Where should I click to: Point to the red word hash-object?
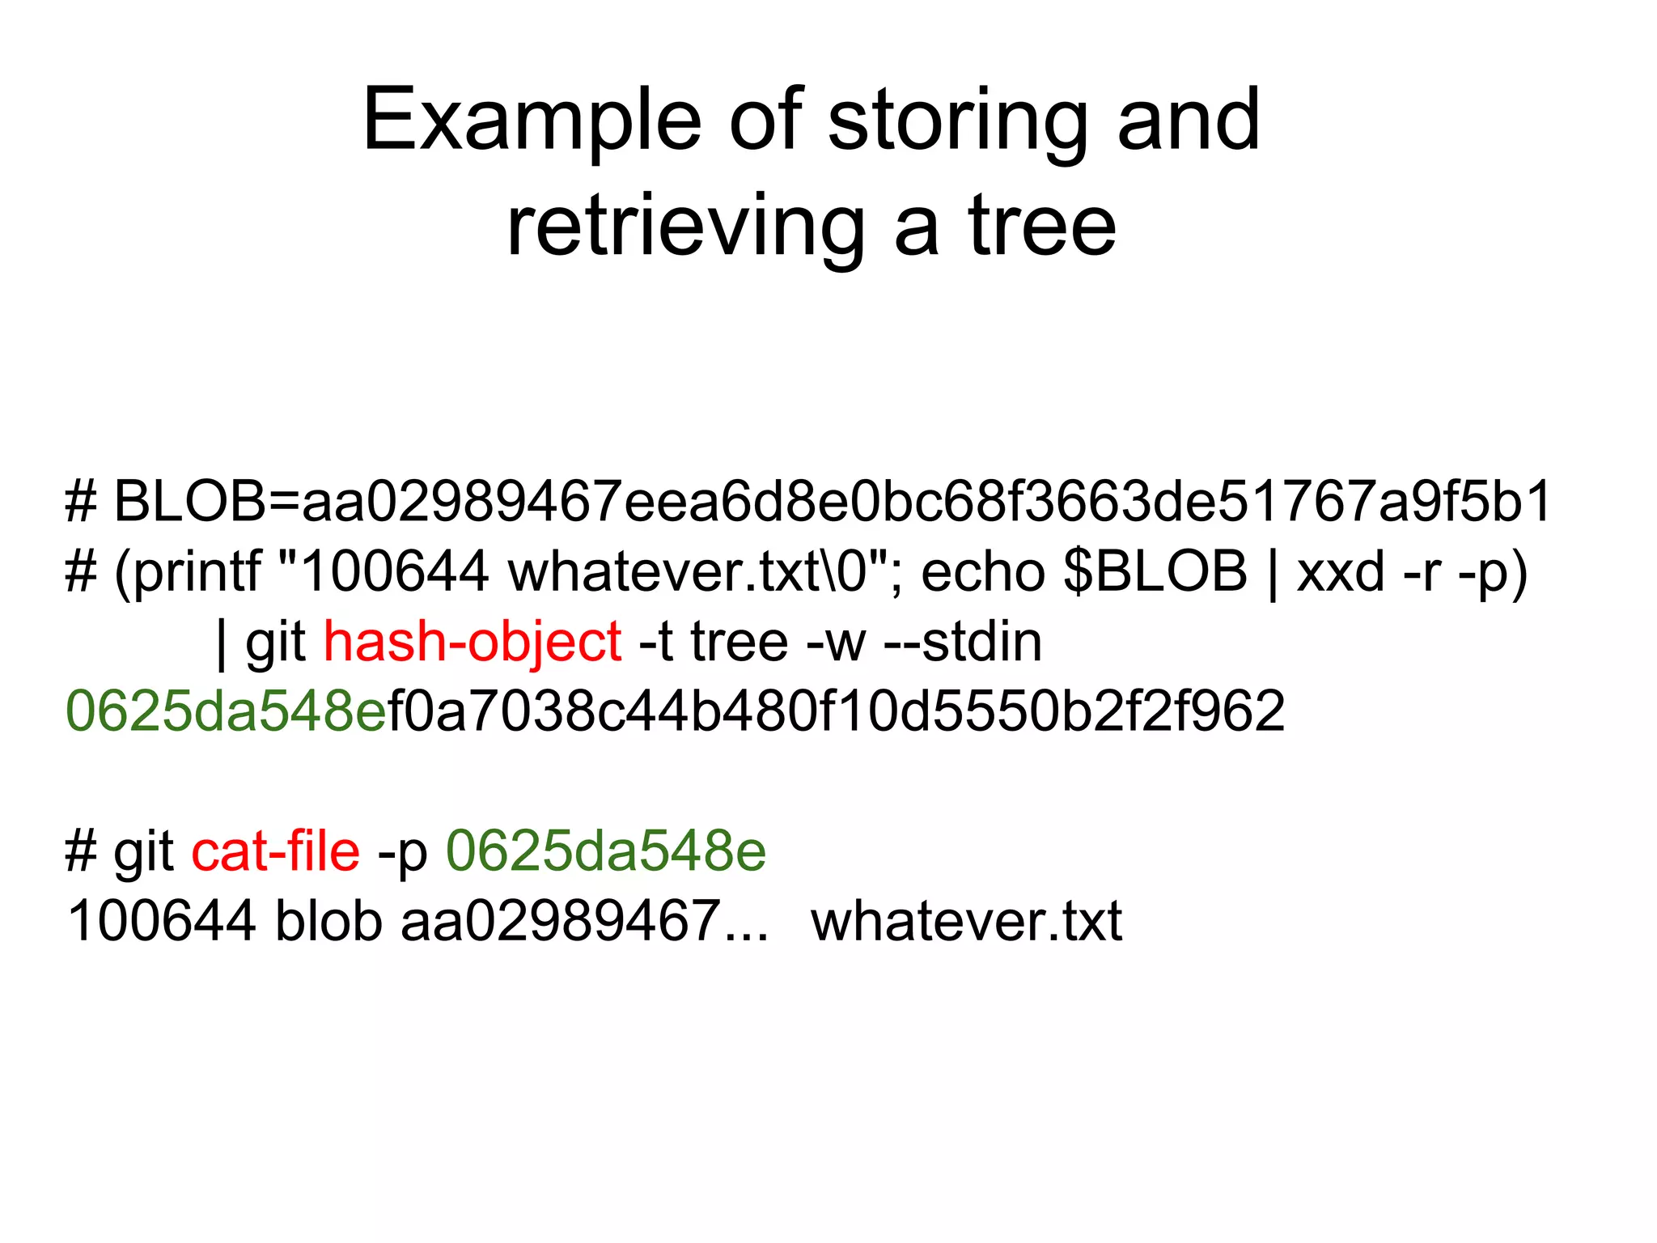coord(473,643)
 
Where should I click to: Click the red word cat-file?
coord(275,851)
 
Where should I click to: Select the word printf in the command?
coord(197,572)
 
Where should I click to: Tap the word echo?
coord(982,572)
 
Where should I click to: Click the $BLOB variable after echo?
coord(1155,572)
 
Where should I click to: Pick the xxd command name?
coord(1341,572)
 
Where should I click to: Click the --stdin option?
coord(963,643)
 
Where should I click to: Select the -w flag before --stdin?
coord(836,643)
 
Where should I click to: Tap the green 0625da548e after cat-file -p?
coord(606,851)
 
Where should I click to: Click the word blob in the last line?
coord(328,921)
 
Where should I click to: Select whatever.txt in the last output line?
coord(966,921)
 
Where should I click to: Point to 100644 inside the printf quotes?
coord(395,572)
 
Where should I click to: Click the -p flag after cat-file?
coord(403,851)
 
